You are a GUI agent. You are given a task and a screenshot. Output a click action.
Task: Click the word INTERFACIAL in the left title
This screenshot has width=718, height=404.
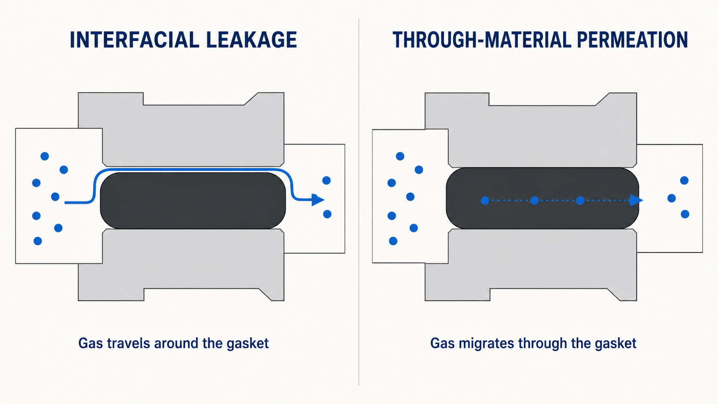pyautogui.click(x=134, y=40)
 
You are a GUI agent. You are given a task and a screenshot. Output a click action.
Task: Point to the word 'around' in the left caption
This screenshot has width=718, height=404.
pyautogui.click(x=176, y=343)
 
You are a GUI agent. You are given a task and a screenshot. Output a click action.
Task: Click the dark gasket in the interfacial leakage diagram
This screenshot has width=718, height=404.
pyautogui.click(x=193, y=200)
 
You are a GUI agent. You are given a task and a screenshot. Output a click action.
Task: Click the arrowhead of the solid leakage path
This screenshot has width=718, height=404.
pyautogui.click(x=318, y=200)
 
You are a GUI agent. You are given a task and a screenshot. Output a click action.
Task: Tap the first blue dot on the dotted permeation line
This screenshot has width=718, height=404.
pyautogui.click(x=485, y=200)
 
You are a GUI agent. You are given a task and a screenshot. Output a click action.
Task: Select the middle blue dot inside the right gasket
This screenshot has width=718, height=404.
pyautogui.click(x=534, y=200)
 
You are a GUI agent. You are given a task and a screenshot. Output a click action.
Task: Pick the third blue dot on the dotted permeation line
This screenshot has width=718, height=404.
pyautogui.click(x=580, y=200)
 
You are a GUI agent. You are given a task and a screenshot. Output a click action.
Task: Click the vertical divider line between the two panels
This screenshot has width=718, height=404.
pyautogui.click(x=359, y=202)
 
